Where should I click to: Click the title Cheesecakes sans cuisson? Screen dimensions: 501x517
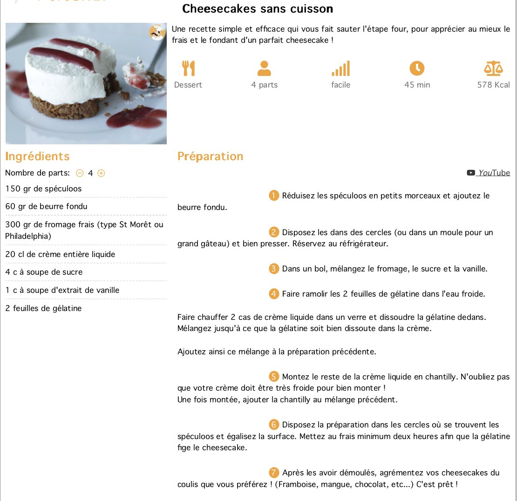coord(258,8)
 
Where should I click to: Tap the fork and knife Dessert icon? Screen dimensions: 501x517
coord(188,68)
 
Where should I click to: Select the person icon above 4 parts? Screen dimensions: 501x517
coord(264,68)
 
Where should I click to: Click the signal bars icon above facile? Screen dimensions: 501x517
coord(340,68)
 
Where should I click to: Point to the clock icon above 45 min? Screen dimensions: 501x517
coord(417,68)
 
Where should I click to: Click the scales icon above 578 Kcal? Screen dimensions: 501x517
coord(493,68)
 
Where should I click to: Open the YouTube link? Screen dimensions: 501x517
coord(489,173)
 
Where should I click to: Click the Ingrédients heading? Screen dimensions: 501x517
coord(37,156)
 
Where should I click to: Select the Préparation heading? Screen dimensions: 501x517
coord(210,156)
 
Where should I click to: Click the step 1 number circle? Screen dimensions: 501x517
coord(274,196)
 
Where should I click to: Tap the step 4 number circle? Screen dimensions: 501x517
coord(274,294)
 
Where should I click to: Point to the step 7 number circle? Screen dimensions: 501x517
coord(274,473)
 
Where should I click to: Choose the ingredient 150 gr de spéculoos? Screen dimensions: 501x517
coord(43,189)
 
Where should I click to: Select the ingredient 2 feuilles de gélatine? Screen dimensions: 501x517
coord(43,308)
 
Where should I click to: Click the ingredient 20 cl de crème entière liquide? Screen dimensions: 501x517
coord(60,254)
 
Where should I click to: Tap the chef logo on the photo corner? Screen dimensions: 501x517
coord(157,32)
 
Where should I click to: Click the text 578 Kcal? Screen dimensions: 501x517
coord(493,85)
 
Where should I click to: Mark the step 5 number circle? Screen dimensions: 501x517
coord(274,377)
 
